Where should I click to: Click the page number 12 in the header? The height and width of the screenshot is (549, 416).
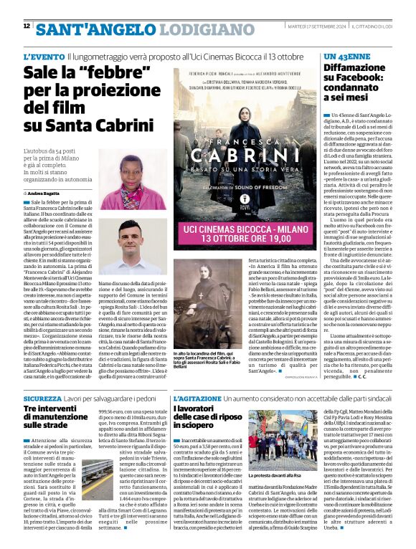[27, 26]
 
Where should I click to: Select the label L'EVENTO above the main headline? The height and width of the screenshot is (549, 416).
[44, 56]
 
